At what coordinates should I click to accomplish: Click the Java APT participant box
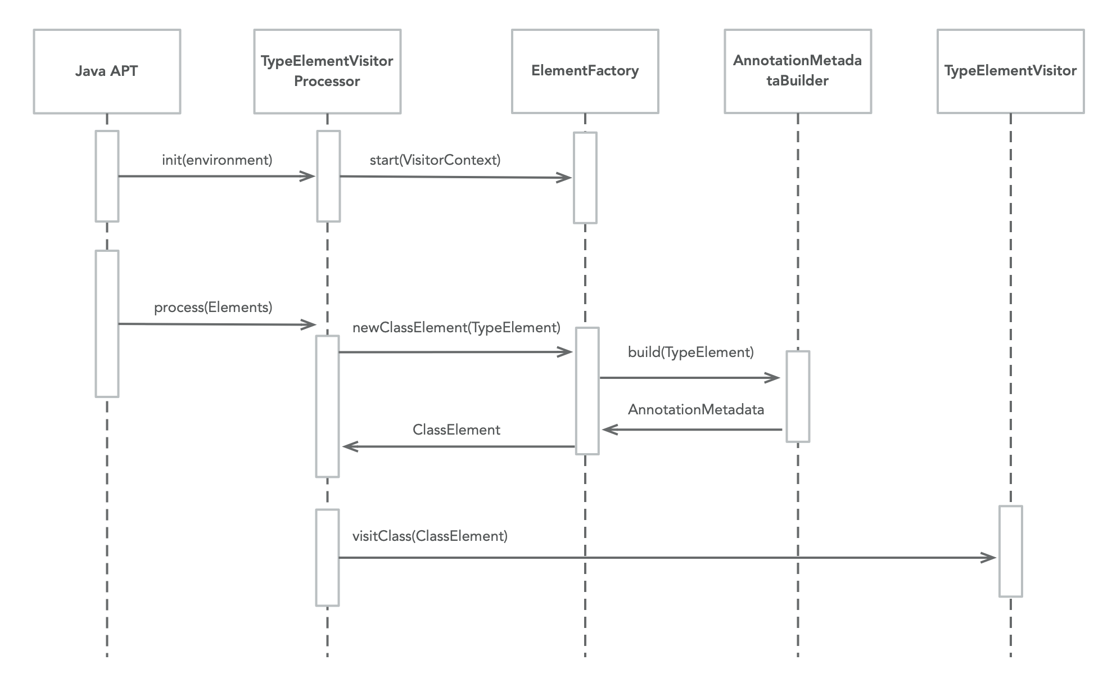click(x=107, y=71)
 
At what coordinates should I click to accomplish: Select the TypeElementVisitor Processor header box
click(x=327, y=71)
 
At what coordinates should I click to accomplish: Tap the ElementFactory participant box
click(x=585, y=71)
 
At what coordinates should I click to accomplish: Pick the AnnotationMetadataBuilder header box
click(x=797, y=71)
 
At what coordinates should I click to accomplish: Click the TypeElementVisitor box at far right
click(x=1010, y=71)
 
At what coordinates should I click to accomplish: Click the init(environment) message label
click(x=217, y=160)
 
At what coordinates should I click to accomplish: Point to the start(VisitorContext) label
click(x=435, y=160)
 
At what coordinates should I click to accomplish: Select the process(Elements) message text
click(x=213, y=308)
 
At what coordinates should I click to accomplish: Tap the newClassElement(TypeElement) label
click(x=456, y=328)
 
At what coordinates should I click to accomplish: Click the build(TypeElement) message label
click(x=690, y=352)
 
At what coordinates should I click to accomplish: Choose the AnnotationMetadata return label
click(x=695, y=410)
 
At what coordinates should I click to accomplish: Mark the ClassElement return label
click(x=456, y=430)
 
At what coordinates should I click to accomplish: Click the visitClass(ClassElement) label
click(x=430, y=536)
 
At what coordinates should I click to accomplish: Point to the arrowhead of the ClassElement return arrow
click(x=349, y=446)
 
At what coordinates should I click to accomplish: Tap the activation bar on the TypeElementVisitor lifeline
click(x=1010, y=551)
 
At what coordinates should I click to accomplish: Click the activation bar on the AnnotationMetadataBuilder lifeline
click(x=797, y=396)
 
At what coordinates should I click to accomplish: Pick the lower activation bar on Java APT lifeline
click(x=107, y=324)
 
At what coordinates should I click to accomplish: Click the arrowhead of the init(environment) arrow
click(x=309, y=177)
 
